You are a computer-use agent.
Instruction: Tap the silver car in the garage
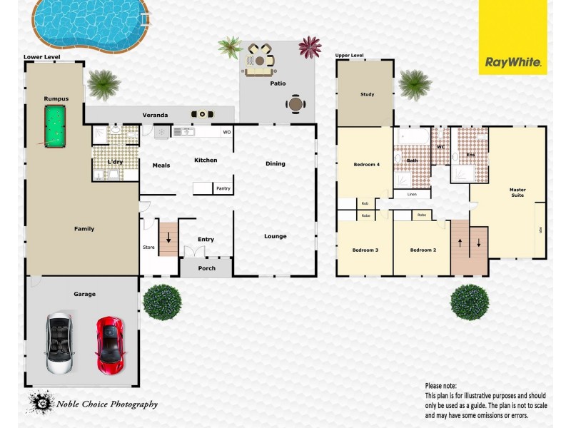click(59, 344)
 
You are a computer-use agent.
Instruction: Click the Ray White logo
click(513, 62)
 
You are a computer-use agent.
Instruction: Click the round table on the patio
click(295, 104)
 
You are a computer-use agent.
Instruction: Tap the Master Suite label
click(517, 193)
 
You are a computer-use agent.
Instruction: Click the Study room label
click(367, 94)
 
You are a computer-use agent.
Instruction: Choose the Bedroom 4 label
click(366, 165)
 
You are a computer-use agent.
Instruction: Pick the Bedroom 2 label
click(422, 250)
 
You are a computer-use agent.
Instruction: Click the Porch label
click(206, 268)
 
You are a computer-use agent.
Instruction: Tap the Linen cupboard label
click(412, 194)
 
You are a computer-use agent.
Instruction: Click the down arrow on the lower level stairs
click(168, 240)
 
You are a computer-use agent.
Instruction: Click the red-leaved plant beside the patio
click(310, 47)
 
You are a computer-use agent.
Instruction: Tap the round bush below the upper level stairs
click(470, 301)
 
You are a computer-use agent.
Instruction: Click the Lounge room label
click(275, 236)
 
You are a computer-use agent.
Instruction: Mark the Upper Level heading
click(349, 55)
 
